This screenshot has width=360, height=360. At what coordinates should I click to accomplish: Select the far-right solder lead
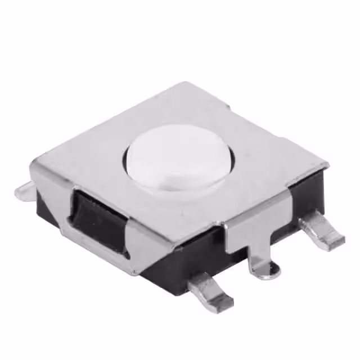click(x=323, y=231)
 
